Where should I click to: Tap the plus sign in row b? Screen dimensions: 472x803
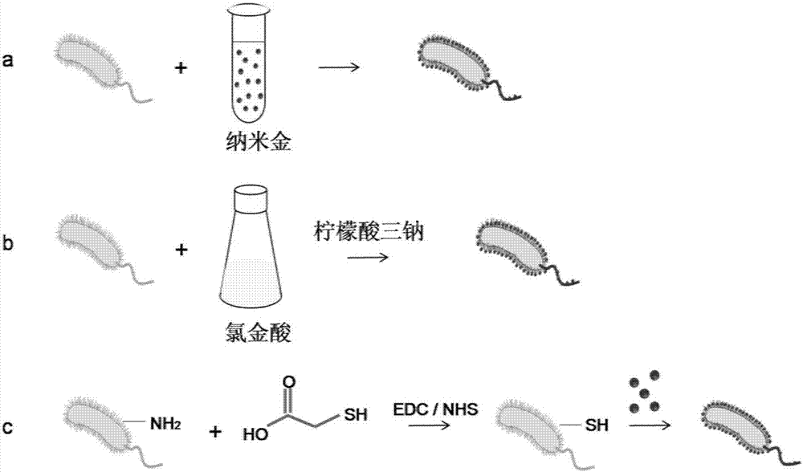tap(181, 250)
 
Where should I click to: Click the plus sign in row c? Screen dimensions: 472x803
tap(215, 432)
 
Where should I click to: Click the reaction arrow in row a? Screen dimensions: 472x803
tap(339, 68)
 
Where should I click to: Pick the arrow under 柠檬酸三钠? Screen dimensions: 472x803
tap(368, 258)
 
